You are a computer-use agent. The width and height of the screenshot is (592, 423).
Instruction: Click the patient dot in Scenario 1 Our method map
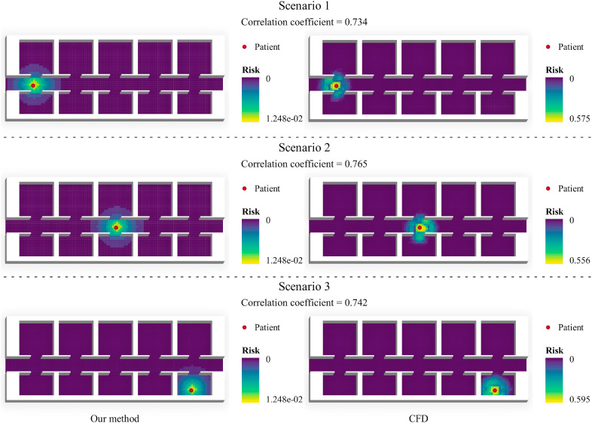33,85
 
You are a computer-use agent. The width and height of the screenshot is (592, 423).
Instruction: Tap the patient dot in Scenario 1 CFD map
337,86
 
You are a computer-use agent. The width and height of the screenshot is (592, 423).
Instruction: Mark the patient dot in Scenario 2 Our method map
116,226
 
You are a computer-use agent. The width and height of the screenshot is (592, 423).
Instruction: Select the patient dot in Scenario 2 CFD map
420,227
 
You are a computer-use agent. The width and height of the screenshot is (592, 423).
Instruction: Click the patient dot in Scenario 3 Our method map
191,390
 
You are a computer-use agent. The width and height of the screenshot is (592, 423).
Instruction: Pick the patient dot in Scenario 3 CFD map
495,390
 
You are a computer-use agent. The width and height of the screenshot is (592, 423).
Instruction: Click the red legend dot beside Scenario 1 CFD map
548,47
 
